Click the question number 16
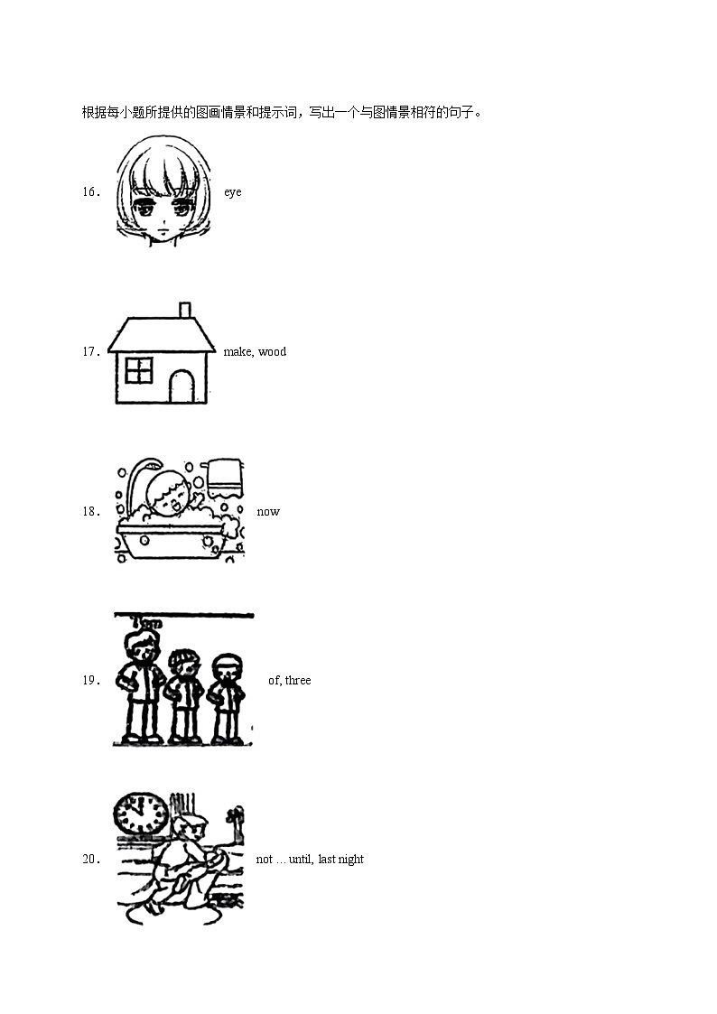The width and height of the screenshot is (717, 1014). (89, 192)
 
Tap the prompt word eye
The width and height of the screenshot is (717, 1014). (233, 192)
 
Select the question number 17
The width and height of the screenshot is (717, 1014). (89, 352)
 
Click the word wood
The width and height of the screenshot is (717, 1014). (272, 352)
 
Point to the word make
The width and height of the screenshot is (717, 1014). (237, 352)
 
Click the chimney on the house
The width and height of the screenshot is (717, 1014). (185, 311)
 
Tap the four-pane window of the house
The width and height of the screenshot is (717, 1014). (138, 371)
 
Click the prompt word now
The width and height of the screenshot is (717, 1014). (268, 512)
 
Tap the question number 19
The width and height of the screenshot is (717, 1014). (89, 681)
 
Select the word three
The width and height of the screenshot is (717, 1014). (298, 681)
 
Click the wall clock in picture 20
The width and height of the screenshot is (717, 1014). (141, 814)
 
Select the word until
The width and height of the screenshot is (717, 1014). (301, 860)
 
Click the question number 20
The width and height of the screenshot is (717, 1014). (89, 860)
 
